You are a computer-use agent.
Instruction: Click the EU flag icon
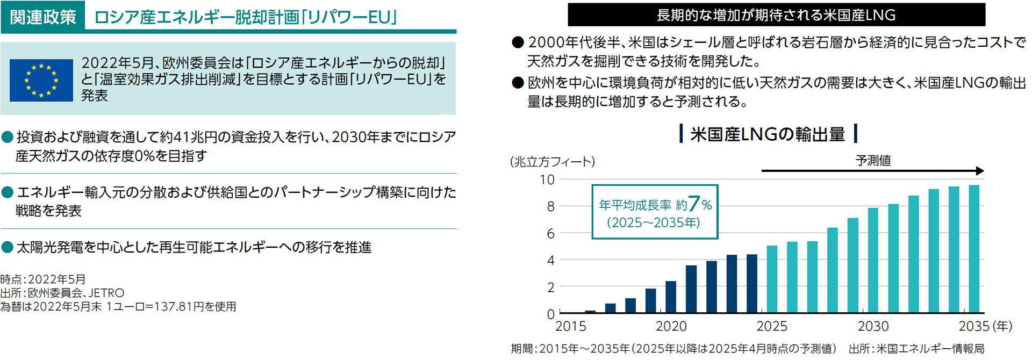click(x=41, y=81)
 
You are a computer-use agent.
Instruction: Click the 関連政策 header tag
click(x=43, y=17)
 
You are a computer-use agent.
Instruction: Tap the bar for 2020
click(x=671, y=297)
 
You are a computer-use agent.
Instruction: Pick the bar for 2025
click(x=772, y=279)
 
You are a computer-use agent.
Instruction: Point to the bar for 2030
click(x=873, y=261)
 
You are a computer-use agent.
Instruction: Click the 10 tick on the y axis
click(x=547, y=179)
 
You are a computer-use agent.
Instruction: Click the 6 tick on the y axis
click(x=550, y=234)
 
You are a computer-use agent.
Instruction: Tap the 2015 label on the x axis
click(x=570, y=326)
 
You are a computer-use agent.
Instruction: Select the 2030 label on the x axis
click(x=873, y=326)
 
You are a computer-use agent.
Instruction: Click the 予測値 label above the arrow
click(x=873, y=160)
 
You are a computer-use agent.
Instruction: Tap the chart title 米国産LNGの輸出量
click(x=768, y=134)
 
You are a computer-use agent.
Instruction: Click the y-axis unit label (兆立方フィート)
click(x=552, y=161)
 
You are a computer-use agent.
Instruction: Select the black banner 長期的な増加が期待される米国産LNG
click(x=776, y=15)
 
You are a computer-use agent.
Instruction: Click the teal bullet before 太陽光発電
click(x=8, y=247)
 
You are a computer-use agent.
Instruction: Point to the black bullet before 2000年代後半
click(x=518, y=42)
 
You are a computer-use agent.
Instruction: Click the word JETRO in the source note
click(x=106, y=293)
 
